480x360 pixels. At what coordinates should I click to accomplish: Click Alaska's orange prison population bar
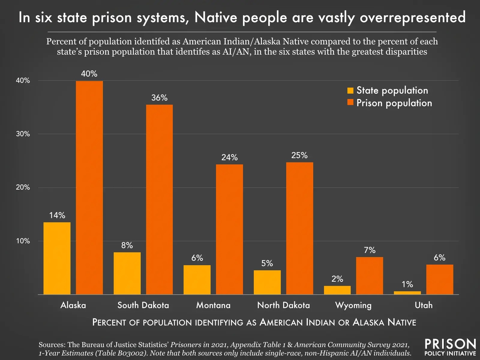click(89, 187)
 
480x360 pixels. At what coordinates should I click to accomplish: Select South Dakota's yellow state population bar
click(127, 273)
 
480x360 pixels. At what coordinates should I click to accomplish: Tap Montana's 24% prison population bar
click(229, 229)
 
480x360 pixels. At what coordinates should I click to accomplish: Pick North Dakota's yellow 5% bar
click(267, 282)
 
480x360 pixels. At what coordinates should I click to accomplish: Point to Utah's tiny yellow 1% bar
click(407, 293)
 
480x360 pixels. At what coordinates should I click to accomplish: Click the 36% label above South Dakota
click(159, 98)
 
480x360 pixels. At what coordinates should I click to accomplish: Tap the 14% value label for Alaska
click(57, 215)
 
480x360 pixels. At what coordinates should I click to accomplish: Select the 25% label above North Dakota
click(299, 155)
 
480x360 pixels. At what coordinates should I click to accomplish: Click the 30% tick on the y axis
click(23, 134)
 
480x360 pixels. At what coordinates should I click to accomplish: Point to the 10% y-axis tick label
click(23, 241)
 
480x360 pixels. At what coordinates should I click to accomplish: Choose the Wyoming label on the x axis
click(353, 305)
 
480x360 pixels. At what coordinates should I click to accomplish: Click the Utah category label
click(424, 305)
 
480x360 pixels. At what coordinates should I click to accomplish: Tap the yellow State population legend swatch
click(350, 91)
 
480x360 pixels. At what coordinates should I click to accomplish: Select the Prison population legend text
click(394, 103)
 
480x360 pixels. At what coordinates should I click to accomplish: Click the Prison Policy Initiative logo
click(450, 347)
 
